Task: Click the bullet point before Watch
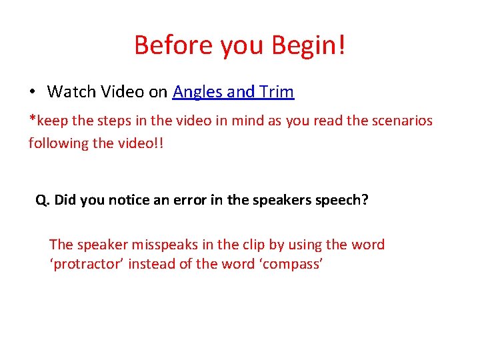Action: click(32, 92)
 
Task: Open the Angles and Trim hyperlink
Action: click(233, 92)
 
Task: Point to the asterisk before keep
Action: click(32, 120)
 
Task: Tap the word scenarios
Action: click(400, 121)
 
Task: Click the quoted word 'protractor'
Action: click(87, 264)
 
